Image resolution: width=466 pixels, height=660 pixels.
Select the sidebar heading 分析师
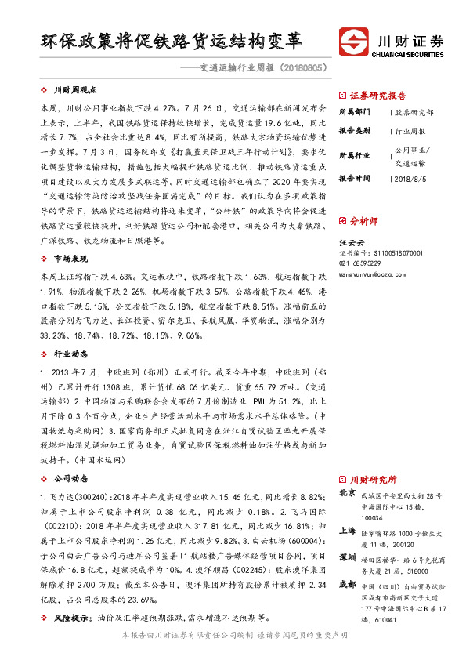(x=363, y=221)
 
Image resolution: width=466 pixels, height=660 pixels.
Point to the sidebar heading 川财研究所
(x=373, y=479)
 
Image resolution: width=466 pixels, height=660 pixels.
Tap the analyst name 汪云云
(x=352, y=242)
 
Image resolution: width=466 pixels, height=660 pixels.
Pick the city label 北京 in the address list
(x=348, y=493)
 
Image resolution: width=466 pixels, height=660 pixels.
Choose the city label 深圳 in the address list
(x=348, y=557)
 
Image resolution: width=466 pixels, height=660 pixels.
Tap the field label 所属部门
(x=356, y=112)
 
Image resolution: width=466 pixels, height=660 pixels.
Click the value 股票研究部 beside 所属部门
(x=414, y=112)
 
